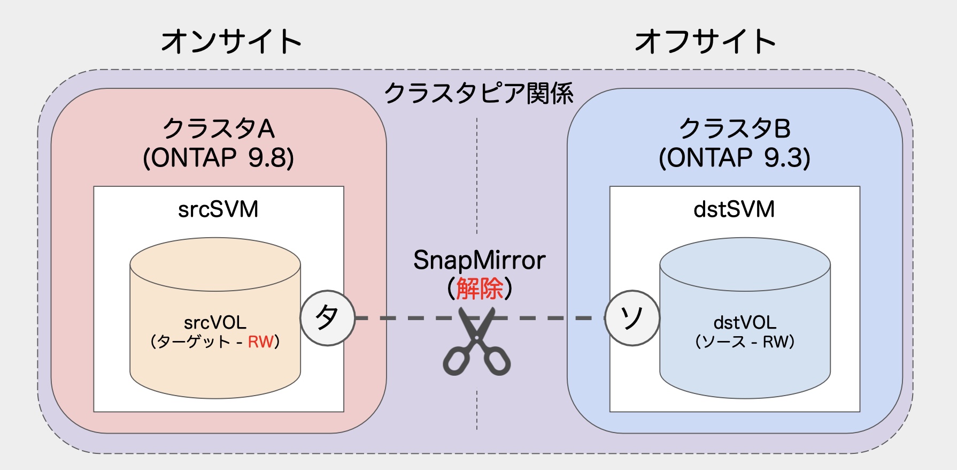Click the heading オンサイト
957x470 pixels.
(x=231, y=42)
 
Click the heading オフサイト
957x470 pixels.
(x=705, y=42)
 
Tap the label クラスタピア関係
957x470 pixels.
(x=478, y=93)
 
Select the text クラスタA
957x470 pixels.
(x=218, y=129)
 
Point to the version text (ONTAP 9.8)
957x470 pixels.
(x=218, y=158)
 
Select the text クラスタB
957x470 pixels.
(x=735, y=129)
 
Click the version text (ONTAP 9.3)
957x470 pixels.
(x=735, y=158)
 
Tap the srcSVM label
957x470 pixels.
(x=218, y=209)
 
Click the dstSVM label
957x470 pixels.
(x=734, y=209)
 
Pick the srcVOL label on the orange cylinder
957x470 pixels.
(x=215, y=322)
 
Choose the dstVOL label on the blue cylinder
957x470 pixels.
(x=745, y=322)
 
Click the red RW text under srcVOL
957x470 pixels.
(x=260, y=342)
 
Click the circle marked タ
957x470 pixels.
(x=327, y=318)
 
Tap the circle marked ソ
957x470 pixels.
(x=632, y=318)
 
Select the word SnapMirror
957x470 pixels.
(x=479, y=260)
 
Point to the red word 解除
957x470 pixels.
(x=480, y=289)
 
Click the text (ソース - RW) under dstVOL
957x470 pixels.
(x=745, y=342)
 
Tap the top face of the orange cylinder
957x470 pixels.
(x=215, y=264)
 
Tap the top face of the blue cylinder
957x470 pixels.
(x=745, y=264)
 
